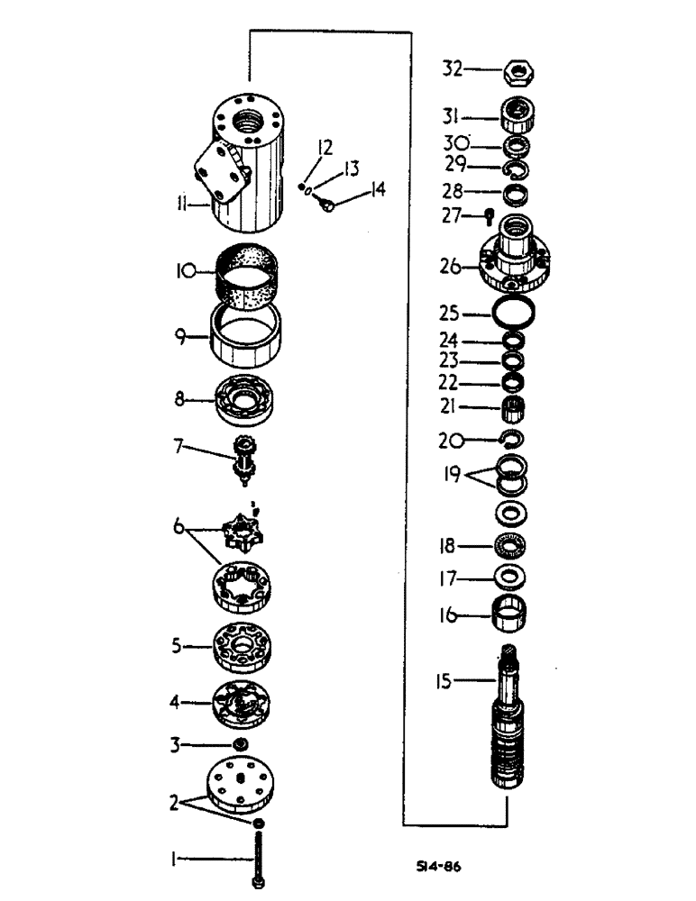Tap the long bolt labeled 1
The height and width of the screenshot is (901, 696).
260,856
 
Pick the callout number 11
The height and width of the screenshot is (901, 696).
181,206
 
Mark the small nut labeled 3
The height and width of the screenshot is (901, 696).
240,744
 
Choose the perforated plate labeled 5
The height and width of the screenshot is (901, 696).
242,646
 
